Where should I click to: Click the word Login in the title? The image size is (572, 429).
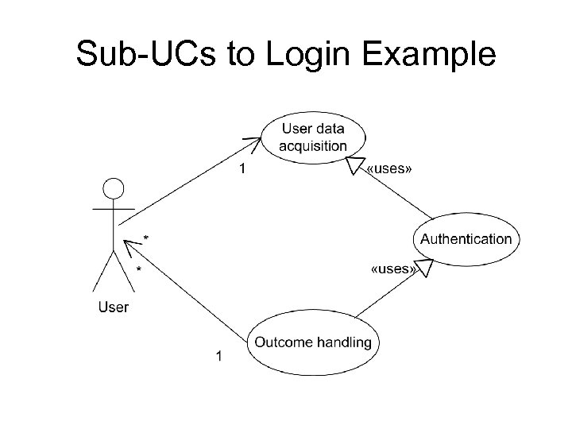pos(303,56)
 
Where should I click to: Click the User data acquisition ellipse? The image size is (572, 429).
pos(313,137)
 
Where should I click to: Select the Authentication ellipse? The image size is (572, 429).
pos(466,239)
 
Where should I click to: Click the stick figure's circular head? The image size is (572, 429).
pos(114,189)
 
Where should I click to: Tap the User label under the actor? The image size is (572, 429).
pos(114,307)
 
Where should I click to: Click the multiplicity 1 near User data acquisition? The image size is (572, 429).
pos(243,168)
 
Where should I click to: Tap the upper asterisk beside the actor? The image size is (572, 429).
pos(145,238)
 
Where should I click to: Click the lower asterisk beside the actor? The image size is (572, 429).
pos(140,270)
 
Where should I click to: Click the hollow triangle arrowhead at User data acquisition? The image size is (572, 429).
pos(351,164)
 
